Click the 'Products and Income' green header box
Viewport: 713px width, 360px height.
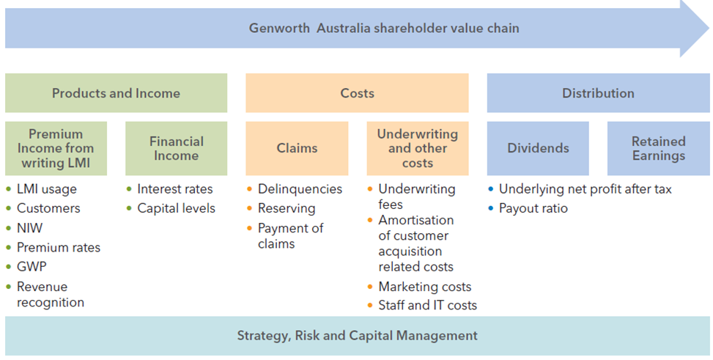[116, 93]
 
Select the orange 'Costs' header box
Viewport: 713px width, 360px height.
[357, 93]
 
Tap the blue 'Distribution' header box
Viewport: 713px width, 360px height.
[598, 93]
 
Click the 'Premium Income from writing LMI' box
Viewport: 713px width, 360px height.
[56, 148]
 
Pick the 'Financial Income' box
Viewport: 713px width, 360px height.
[177, 148]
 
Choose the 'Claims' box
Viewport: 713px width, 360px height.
[297, 148]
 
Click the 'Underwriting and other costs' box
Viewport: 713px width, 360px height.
[418, 148]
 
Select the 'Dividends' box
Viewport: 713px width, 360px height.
[538, 148]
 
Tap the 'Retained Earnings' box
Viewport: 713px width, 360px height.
[659, 148]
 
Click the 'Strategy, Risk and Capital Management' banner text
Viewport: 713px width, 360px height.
[358, 336]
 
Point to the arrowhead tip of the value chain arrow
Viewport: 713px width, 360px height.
[709, 28]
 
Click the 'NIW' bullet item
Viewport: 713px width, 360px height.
[29, 228]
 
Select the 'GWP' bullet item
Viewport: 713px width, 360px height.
[32, 267]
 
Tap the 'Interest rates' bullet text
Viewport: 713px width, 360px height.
[175, 189]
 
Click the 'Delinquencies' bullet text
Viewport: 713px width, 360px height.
[300, 189]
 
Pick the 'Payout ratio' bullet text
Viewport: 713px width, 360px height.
[533, 208]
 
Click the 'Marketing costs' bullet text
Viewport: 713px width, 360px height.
[425, 287]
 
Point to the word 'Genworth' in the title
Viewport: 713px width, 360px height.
[279, 28]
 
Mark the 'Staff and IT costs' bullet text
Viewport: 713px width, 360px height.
[427, 306]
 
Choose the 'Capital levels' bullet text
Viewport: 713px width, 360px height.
[177, 208]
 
